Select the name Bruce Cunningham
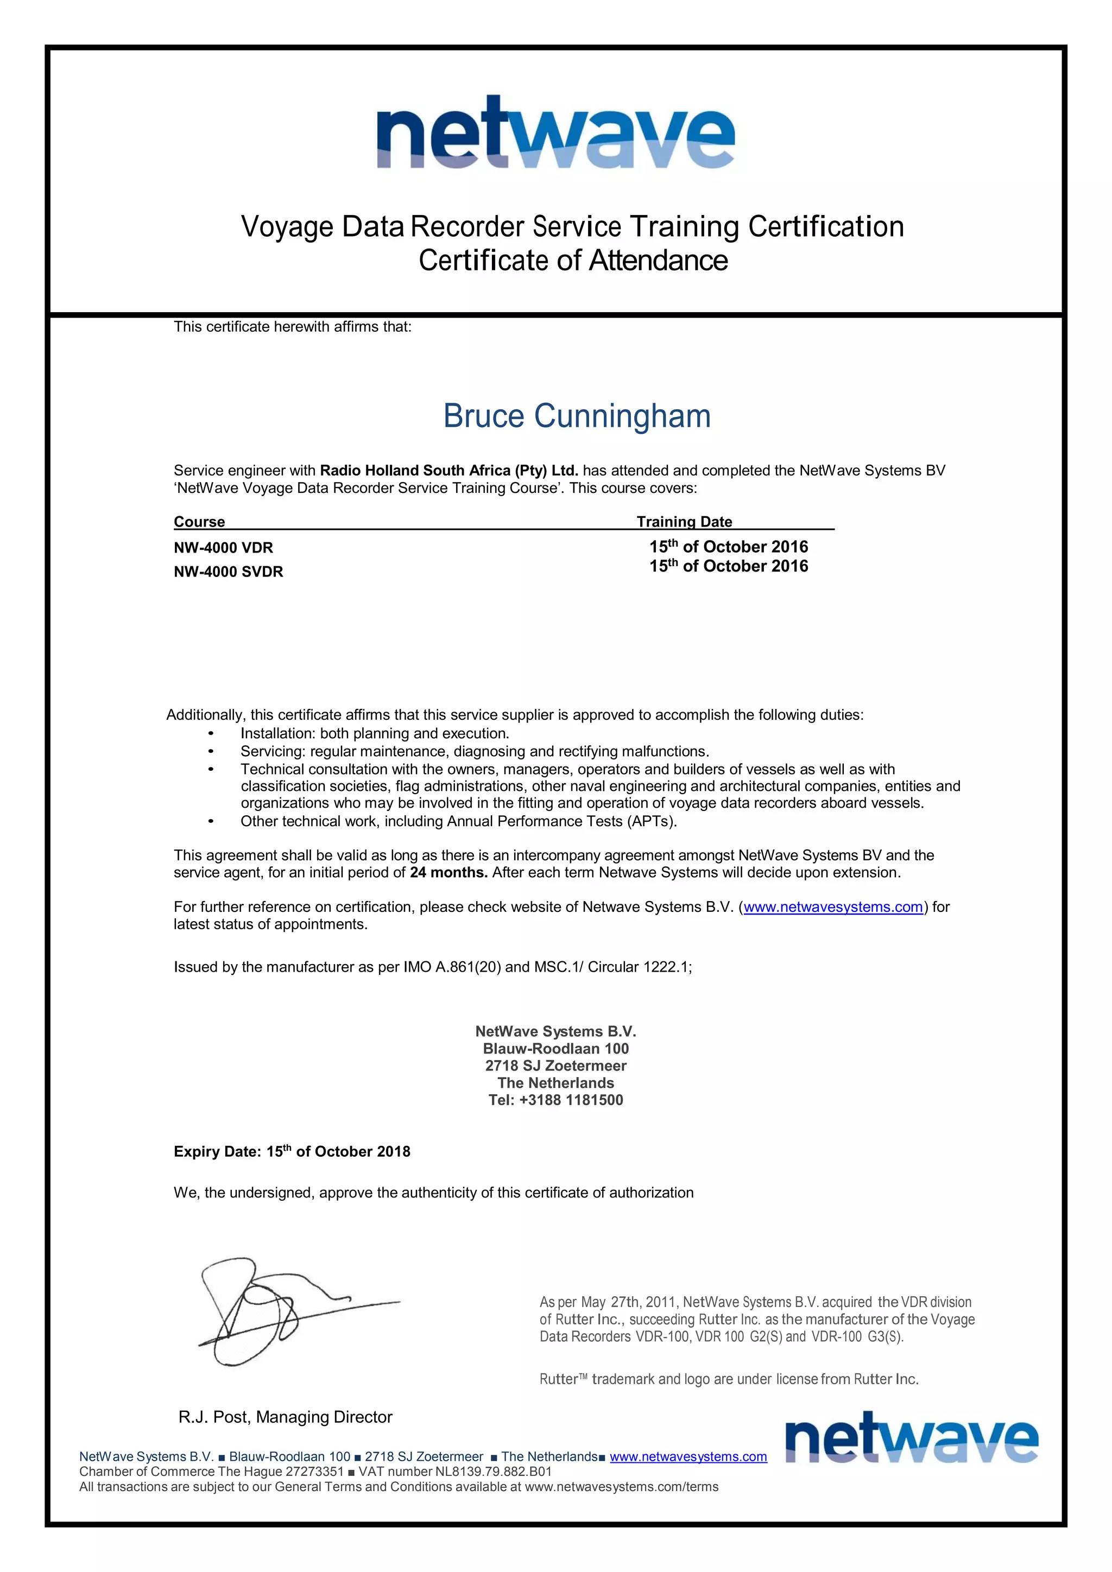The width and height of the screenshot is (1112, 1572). (x=577, y=416)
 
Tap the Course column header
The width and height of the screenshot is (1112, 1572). (x=199, y=522)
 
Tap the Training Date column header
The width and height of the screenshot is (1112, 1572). (x=684, y=522)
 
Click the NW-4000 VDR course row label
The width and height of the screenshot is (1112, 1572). (x=223, y=548)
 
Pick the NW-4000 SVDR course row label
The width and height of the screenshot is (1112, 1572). (x=228, y=572)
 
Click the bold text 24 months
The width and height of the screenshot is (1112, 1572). (x=448, y=873)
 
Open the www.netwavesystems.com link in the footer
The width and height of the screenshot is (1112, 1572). (x=687, y=1457)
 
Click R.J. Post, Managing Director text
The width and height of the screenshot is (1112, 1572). (x=285, y=1417)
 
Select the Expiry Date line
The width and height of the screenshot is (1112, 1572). (x=292, y=1152)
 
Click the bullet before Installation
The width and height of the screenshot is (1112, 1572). (x=211, y=734)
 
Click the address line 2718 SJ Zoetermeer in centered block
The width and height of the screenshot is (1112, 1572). (x=555, y=1066)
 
